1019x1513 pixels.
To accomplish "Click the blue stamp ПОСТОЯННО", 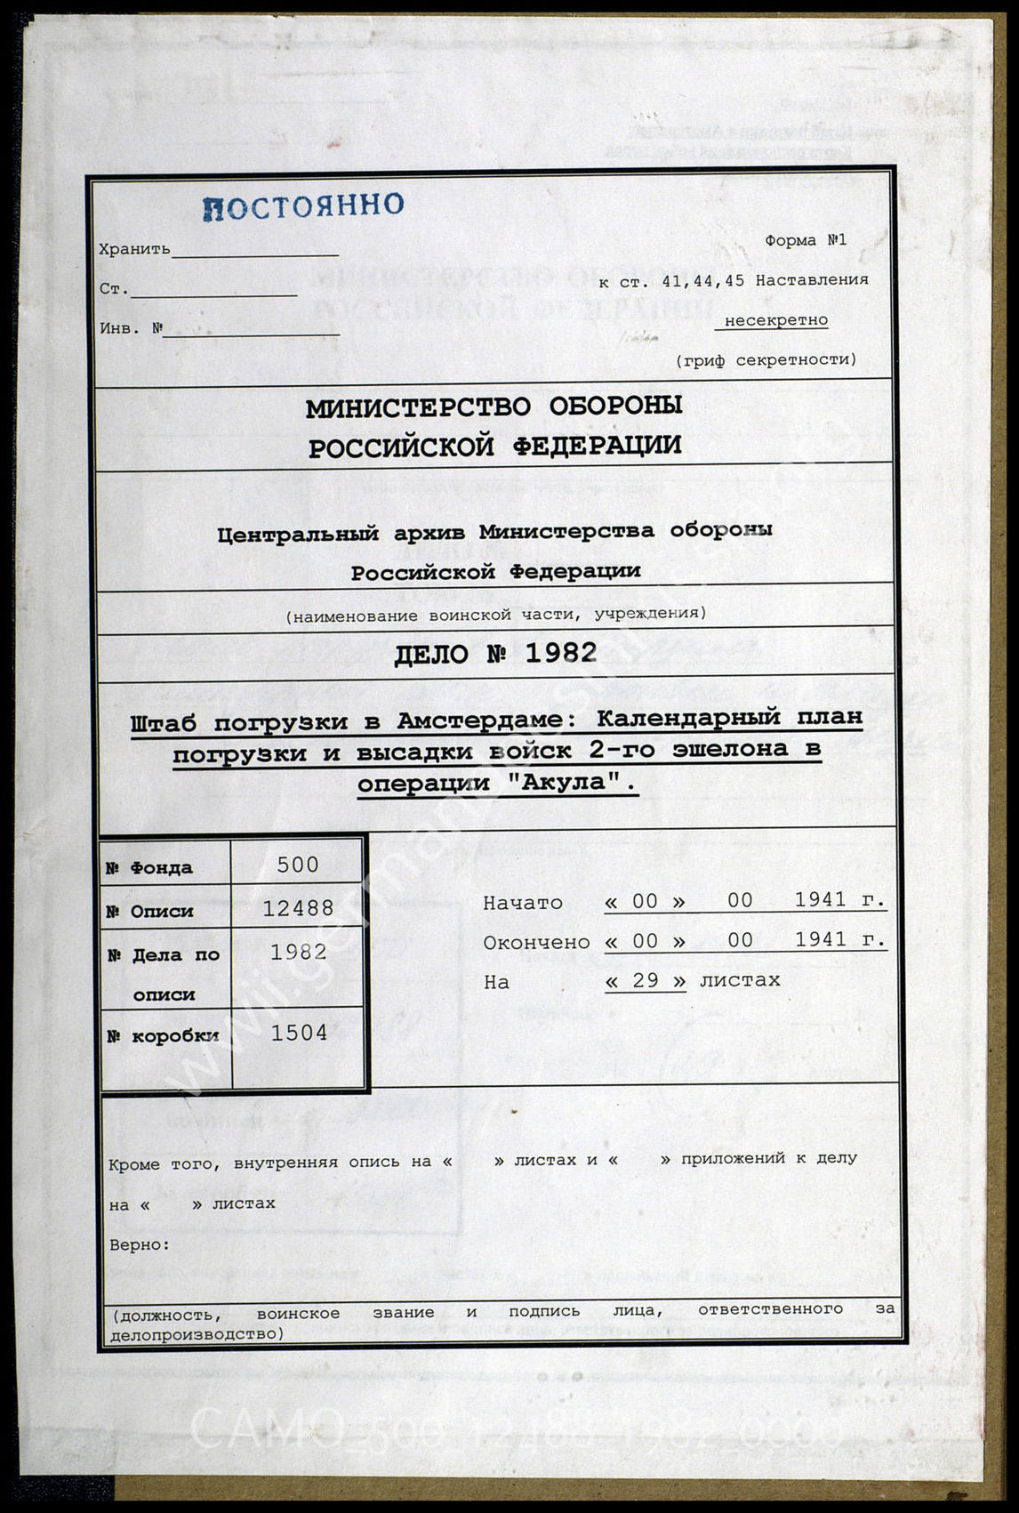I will tap(303, 206).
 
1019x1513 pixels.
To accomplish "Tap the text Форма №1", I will tap(806, 240).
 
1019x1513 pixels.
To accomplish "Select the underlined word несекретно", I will tap(775, 320).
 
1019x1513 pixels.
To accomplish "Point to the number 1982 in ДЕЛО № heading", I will tap(561, 654).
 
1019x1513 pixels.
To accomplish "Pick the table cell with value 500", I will tap(298, 865).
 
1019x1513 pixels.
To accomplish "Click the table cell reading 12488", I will tap(298, 908).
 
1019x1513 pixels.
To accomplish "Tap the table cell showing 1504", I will tap(299, 1033).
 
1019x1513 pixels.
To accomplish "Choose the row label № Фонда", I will tap(148, 868).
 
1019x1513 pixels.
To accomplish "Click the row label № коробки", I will tap(163, 1036).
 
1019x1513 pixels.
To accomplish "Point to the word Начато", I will tap(523, 903).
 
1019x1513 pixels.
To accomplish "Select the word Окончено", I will tap(536, 942).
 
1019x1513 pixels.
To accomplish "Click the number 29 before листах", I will tap(645, 981).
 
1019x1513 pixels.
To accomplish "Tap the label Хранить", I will tap(134, 250).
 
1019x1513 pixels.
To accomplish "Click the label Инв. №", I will tap(132, 328).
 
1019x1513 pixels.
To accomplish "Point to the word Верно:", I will tap(139, 1244).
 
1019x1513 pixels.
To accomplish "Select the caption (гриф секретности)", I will tap(766, 360).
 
